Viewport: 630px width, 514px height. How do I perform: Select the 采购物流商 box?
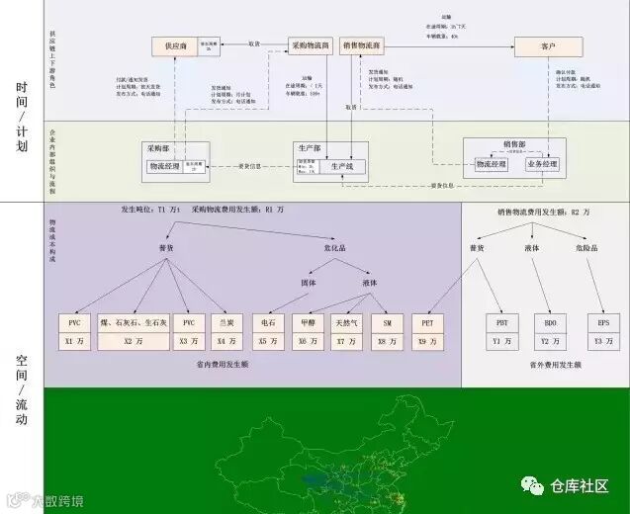point(311,45)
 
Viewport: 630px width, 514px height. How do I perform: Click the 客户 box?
point(549,45)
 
